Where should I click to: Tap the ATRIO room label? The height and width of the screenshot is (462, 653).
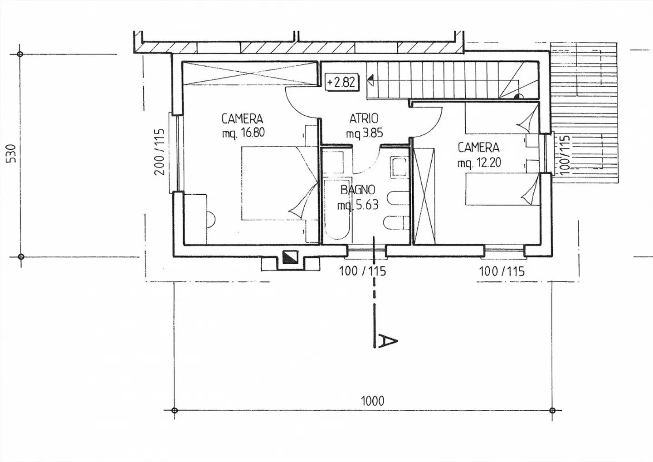[364, 119]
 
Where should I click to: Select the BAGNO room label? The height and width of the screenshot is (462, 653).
[358, 190]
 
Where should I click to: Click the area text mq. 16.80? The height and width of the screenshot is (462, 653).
[243, 133]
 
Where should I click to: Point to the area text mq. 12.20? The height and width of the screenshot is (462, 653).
[479, 162]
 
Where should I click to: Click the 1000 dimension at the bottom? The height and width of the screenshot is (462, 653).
[372, 401]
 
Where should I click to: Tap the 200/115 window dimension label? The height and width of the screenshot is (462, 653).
[158, 152]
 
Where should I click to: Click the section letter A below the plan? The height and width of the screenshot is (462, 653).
[387, 340]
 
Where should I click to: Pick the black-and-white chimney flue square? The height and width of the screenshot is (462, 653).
[289, 257]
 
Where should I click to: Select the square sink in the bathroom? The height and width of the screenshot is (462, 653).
[399, 167]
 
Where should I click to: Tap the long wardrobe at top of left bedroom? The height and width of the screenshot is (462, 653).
[249, 73]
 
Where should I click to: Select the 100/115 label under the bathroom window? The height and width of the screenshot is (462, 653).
[362, 271]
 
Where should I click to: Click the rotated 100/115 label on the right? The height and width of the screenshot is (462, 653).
[564, 154]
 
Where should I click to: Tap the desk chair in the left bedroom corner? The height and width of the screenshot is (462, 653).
[210, 219]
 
